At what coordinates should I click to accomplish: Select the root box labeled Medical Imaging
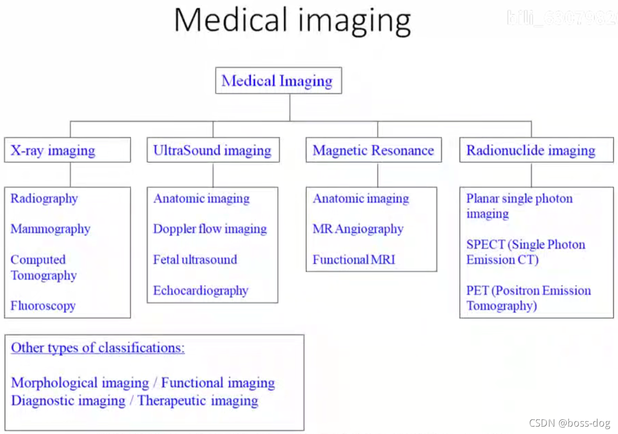[x=278, y=81]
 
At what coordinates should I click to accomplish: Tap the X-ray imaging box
[x=67, y=151]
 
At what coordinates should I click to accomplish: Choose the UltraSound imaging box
[x=212, y=151]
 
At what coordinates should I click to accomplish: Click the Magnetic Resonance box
[x=373, y=151]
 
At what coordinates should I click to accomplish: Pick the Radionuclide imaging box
[x=531, y=151]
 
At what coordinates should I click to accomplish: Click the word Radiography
[x=44, y=198]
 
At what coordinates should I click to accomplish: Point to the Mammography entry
[x=50, y=229]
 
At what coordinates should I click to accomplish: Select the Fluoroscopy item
[x=43, y=305]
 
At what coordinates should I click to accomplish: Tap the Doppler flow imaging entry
[x=210, y=229]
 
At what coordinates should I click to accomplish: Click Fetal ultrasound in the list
[x=195, y=259]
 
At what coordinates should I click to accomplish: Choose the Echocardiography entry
[x=200, y=290]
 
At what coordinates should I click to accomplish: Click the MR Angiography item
[x=358, y=229]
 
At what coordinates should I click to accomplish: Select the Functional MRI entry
[x=354, y=259]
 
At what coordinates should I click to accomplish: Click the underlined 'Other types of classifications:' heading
[x=98, y=348]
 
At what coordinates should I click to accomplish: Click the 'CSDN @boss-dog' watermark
[x=569, y=423]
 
